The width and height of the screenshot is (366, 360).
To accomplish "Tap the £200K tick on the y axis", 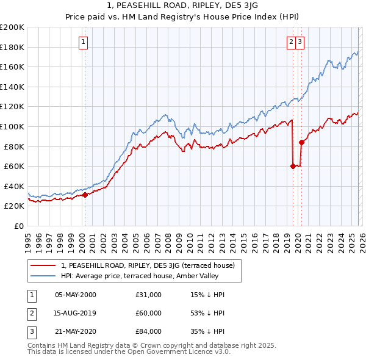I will click(12, 27).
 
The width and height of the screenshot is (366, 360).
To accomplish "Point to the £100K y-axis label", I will click(12, 126).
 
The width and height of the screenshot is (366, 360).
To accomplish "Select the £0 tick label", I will click(18, 226).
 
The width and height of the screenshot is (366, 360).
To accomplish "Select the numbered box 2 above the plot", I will click(292, 42).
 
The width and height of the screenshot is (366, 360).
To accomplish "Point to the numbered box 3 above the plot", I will click(301, 42).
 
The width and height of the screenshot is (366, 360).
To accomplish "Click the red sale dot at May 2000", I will click(85, 195).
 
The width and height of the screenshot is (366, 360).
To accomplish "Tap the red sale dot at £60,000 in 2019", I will click(293, 166).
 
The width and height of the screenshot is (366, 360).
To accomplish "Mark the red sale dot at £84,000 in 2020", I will click(301, 142).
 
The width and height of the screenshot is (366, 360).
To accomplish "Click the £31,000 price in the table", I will click(148, 295).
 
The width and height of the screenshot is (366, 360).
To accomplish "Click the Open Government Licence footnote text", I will click(129, 352).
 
